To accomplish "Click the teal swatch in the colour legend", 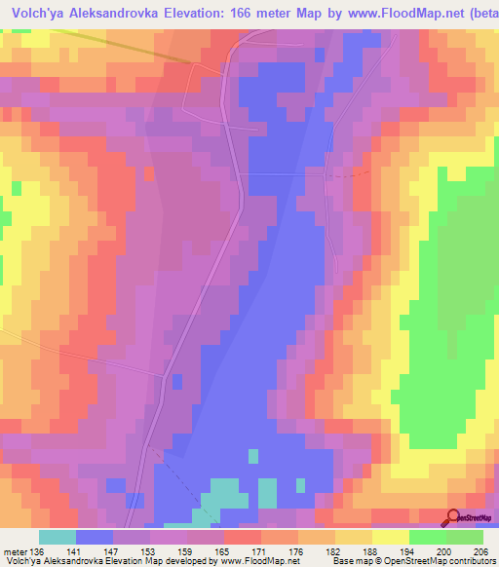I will (x=58, y=538).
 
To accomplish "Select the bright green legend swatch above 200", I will (x=428, y=538).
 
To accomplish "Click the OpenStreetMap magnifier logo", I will (x=453, y=519).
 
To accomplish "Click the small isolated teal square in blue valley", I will (x=253, y=456).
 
